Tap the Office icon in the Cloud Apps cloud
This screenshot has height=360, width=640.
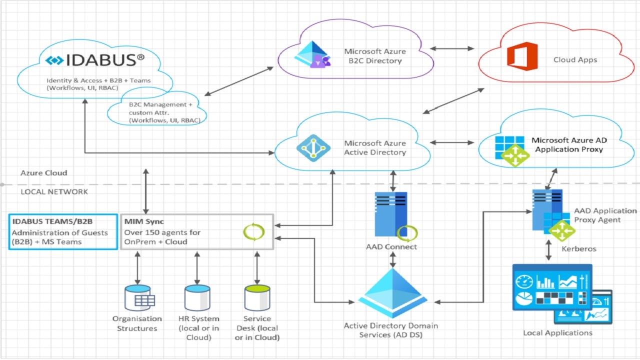point(522,56)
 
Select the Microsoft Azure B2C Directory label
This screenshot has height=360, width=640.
point(374,56)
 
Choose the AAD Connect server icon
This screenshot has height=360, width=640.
point(391,214)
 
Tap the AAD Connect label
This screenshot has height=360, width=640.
point(391,246)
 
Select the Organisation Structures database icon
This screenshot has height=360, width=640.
point(138,298)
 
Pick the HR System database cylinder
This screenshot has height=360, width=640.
point(197,298)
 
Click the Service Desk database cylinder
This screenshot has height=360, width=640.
point(257,298)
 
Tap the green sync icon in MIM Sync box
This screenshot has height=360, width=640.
point(253,232)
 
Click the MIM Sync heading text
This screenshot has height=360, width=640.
point(144,221)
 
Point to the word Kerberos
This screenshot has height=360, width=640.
point(579,248)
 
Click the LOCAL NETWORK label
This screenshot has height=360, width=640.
point(54,191)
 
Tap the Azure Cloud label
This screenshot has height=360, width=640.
point(43,173)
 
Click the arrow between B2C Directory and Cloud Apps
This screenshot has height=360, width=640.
point(452,48)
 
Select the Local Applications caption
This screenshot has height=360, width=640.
point(557,333)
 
